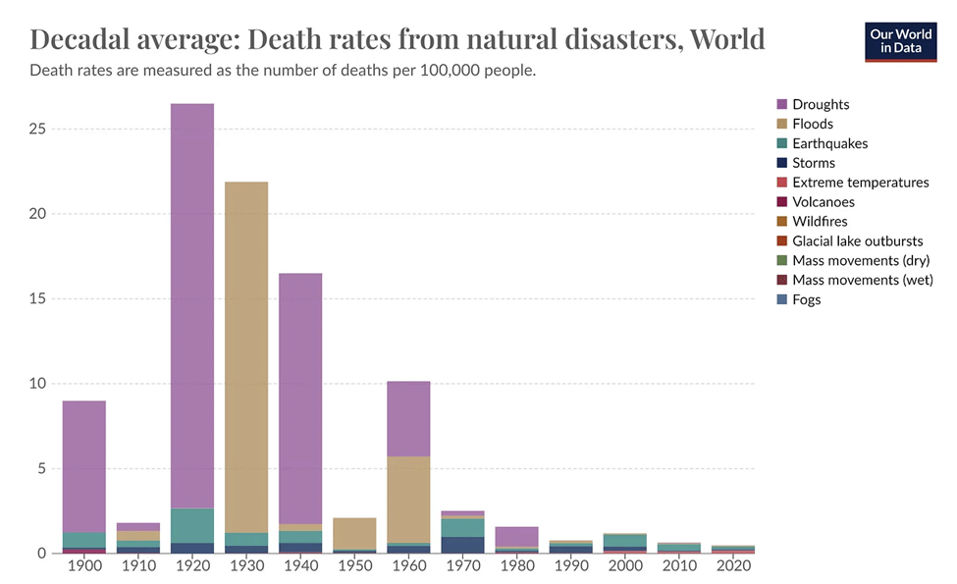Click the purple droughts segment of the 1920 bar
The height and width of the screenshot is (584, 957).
[191, 304]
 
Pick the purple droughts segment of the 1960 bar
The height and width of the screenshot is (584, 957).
[407, 418]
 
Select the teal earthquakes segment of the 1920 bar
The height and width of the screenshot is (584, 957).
[191, 525]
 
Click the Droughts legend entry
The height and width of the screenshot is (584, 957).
[821, 104]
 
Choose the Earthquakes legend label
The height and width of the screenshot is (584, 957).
[829, 143]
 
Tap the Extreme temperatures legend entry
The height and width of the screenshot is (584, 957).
[860, 183]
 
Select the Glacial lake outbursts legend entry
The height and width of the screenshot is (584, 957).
[857, 241]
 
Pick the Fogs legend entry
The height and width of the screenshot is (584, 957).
[806, 299]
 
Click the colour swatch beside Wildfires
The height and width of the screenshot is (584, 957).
[782, 222]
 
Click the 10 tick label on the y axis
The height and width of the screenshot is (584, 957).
[36, 384]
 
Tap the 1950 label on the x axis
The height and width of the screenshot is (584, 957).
[353, 568]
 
